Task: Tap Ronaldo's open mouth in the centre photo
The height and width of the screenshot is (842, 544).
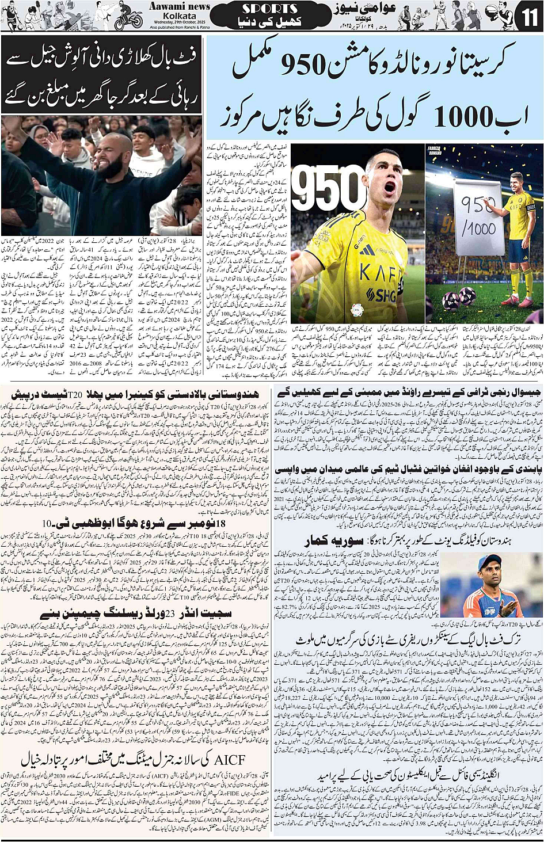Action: tap(390, 188)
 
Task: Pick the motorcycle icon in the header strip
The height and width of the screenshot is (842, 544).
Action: tap(128, 20)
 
